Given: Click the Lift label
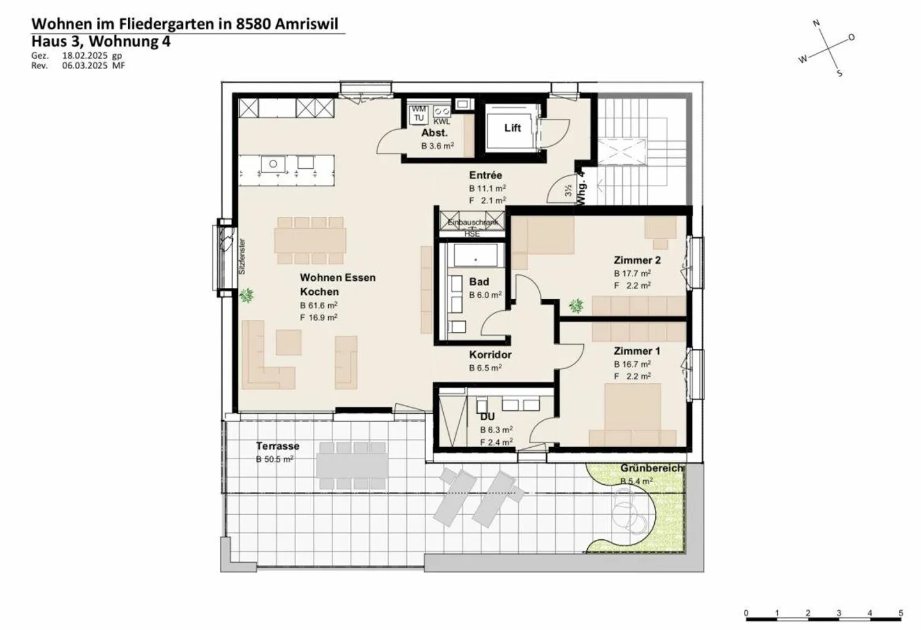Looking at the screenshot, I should point(512,128).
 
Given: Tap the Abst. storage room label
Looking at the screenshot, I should point(434,133).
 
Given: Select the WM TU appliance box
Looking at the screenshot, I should point(418,114).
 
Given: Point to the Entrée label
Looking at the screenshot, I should point(485,175).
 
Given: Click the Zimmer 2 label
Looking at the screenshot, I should point(636,260).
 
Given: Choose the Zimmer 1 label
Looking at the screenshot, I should point(636,351).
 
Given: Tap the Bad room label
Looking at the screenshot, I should point(479,282).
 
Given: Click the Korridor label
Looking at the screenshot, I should point(490,355).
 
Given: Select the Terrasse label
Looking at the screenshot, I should point(278,446).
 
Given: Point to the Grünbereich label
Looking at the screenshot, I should point(652,468).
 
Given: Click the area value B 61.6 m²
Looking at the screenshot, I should point(319,306).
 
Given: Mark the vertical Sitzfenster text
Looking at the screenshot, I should point(242,256).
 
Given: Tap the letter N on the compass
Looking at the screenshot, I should point(816,24).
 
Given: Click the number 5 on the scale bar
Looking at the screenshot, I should point(901,613).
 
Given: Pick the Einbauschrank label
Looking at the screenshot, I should point(473,223).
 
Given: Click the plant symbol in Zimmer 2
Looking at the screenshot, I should point(576,306).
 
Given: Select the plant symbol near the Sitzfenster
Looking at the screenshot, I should point(246,295).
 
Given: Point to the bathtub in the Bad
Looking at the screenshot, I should point(475,256).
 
